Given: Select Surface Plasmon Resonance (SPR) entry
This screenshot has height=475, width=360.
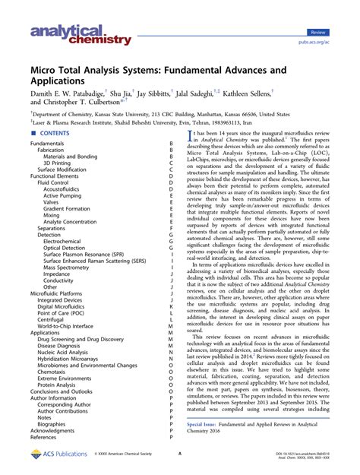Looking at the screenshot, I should click(x=84, y=254).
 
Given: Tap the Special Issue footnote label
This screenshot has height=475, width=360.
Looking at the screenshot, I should click(x=204, y=424).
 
